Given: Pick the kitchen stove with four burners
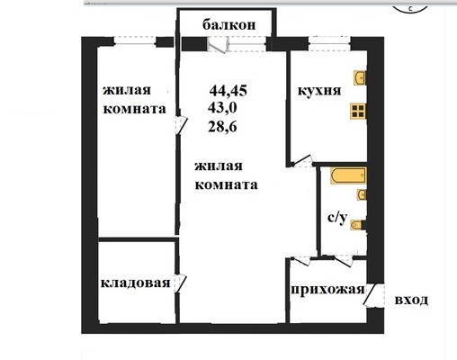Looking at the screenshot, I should [x=359, y=112].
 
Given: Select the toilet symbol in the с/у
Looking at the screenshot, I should [x=357, y=225].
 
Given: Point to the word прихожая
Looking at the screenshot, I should [x=327, y=289].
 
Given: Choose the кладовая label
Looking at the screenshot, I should [x=136, y=283].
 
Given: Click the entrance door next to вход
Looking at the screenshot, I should [x=372, y=295].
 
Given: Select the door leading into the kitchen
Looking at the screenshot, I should [x=303, y=162].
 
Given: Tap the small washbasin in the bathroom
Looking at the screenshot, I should [x=361, y=194].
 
